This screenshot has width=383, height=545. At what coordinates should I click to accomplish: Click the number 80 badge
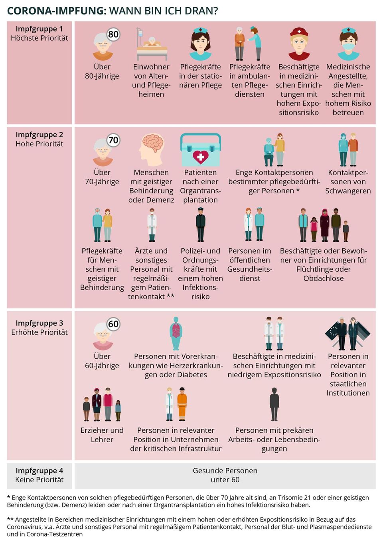(x=113, y=34)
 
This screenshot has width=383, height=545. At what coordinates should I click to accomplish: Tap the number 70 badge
(x=113, y=140)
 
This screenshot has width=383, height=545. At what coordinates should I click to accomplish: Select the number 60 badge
(x=113, y=324)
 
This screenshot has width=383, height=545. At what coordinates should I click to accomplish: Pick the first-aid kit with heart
(x=200, y=150)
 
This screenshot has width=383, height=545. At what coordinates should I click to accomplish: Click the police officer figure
(x=200, y=225)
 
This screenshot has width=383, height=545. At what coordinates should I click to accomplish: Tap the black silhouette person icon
(x=274, y=404)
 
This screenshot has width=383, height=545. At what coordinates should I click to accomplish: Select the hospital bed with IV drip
(x=151, y=44)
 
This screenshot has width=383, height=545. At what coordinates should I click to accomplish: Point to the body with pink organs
(x=176, y=333)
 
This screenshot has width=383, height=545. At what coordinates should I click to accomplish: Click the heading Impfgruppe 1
(x=39, y=29)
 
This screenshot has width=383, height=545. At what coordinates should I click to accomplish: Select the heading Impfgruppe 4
(x=39, y=470)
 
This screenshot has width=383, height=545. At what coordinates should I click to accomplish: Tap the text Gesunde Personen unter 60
(x=225, y=475)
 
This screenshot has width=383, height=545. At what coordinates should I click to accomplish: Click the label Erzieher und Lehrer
(x=102, y=435)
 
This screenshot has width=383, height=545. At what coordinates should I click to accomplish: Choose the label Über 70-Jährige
(x=102, y=177)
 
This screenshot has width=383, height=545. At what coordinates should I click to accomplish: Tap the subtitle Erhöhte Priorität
(x=39, y=332)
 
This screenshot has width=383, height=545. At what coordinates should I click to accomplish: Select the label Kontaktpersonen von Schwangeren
(x=348, y=181)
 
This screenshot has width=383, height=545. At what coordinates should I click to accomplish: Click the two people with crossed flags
(x=347, y=333)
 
